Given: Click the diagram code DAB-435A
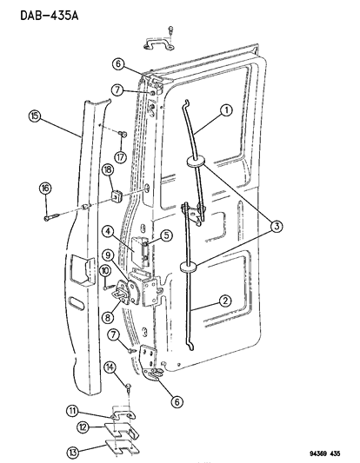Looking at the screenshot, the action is [50, 16].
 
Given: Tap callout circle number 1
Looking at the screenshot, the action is [227, 110].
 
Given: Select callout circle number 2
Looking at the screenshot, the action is [225, 301].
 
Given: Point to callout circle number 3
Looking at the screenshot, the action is [277, 227].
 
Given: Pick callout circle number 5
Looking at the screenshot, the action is [166, 235].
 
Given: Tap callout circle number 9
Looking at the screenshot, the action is [108, 255].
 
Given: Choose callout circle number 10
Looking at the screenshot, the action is [105, 271].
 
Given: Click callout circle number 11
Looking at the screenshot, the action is [72, 411].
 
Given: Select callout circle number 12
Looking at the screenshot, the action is [83, 427].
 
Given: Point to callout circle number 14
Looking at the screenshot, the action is [110, 367].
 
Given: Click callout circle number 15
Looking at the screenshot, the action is [35, 116].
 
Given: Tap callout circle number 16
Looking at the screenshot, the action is [45, 189].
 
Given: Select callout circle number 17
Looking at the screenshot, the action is [120, 156].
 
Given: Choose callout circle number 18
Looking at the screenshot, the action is [108, 170].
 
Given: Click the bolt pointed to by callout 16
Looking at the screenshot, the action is [52, 217].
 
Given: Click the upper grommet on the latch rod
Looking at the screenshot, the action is [196, 162].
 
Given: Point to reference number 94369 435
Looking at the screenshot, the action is [325, 453].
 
